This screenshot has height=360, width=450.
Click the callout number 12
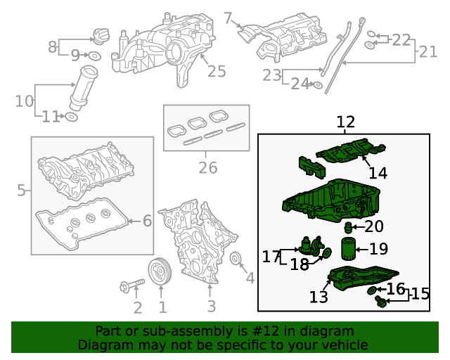[x=345, y=123]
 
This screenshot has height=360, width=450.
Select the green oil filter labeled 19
[x=348, y=250]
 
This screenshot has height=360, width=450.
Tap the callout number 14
[x=378, y=172]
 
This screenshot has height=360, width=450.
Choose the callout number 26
[x=207, y=168]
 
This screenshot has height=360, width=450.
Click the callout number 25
[x=217, y=71]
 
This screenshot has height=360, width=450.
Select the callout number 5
[x=22, y=190]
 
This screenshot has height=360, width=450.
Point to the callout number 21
[x=428, y=52]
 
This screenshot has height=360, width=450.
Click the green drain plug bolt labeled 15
[x=381, y=301]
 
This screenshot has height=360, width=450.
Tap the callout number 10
[x=24, y=101]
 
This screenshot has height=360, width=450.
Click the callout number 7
[x=227, y=18]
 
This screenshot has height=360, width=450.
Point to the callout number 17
[x=271, y=257]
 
